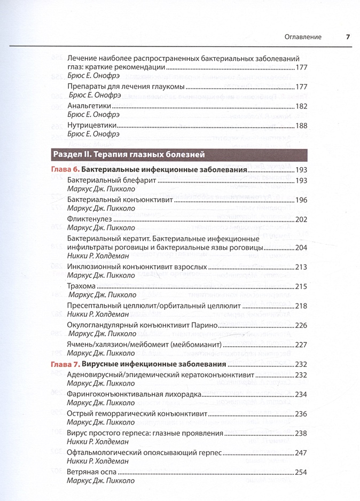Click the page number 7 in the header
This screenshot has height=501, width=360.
[347, 37]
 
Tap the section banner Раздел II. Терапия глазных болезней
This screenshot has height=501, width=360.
[128, 155]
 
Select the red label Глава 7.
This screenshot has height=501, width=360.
[66, 365]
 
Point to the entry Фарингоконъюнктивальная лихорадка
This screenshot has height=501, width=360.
[134, 395]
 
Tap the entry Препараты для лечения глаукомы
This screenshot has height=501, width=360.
[126, 87]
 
